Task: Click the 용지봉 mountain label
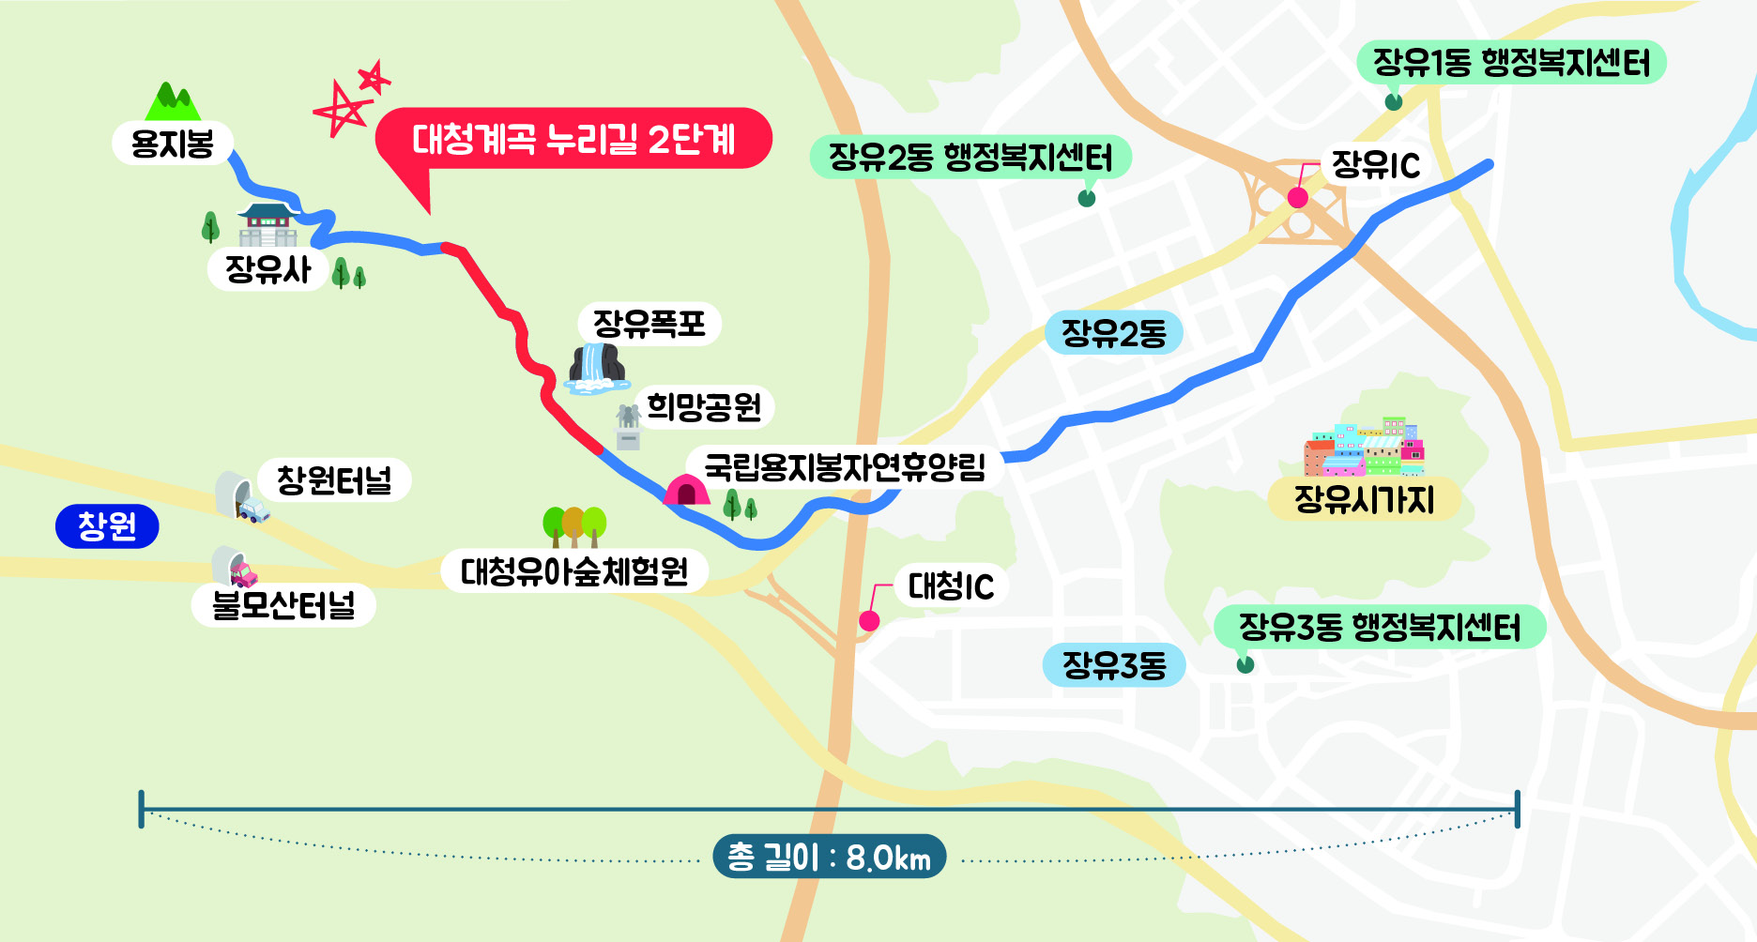173,144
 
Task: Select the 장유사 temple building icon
267,226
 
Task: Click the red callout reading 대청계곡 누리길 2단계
573,140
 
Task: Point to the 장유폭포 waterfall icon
597,368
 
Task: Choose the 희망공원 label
704,407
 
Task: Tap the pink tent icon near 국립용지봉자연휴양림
686,490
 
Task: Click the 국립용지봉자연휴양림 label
845,466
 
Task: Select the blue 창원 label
107,525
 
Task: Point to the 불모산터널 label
283,605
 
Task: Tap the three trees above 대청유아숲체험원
574,526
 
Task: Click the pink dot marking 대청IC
869,621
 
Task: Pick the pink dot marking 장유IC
1298,198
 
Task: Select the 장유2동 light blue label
1113,333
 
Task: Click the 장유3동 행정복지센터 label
1380,627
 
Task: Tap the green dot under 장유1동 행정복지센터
1394,101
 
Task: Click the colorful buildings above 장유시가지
1366,448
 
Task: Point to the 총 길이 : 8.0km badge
829,857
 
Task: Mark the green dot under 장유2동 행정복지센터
1087,198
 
